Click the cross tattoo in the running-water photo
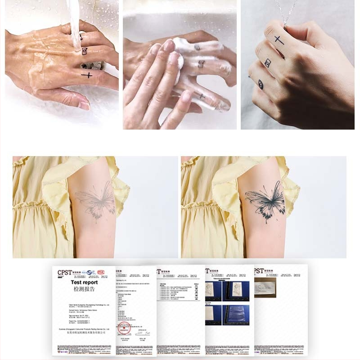tap(87, 75)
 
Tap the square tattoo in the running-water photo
tap(84, 51)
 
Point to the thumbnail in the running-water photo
tap(85, 105)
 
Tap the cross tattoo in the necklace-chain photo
tap(279, 40)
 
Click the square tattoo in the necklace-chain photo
tap(268, 63)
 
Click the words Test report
tap(84, 283)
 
